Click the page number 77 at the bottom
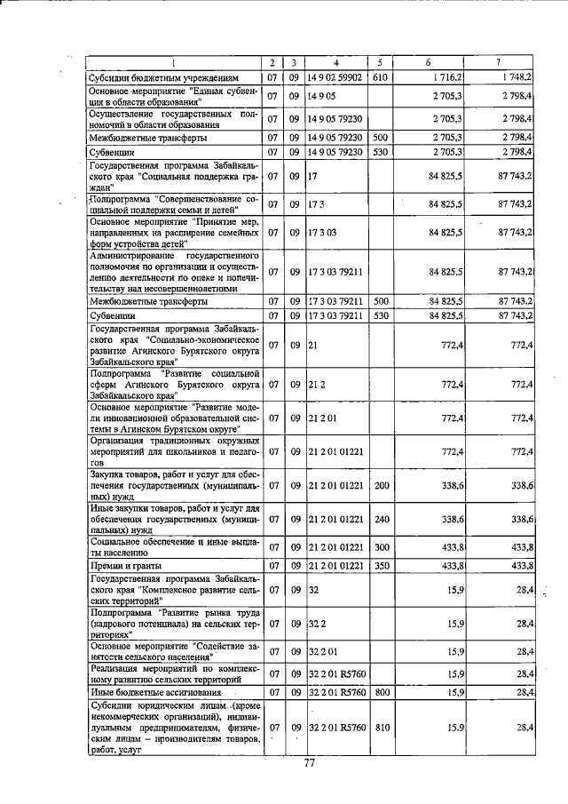point(310,762)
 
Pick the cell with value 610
point(380,77)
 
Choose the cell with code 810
point(380,728)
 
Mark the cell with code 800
point(380,691)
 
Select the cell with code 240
point(380,518)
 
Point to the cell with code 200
point(380,486)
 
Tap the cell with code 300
point(380,546)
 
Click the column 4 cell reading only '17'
point(312,177)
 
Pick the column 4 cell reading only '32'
point(313,589)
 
